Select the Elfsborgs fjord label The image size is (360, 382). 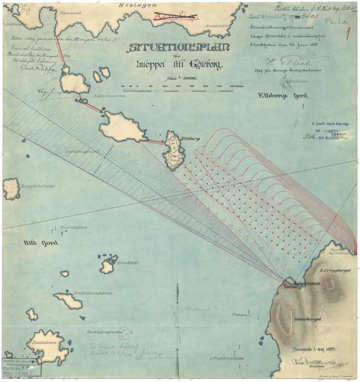click(283, 95)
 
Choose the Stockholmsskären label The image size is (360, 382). click(93, 294)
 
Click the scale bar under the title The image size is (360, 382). click(181, 86)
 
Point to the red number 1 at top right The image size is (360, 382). click(347, 34)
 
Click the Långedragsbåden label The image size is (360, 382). click(225, 358)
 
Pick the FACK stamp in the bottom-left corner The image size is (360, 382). click(21, 368)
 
